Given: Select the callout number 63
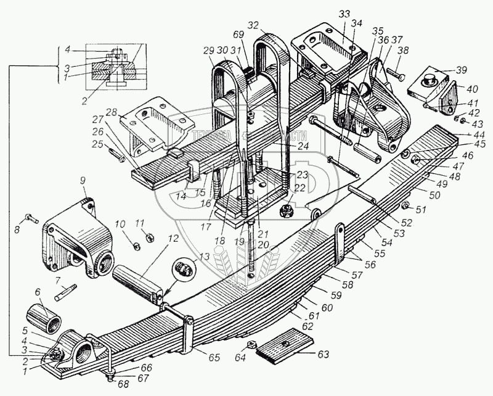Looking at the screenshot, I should coord(323,355).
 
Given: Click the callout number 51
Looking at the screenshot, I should coord(420,210).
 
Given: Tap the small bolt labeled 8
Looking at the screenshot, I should coord(32,218).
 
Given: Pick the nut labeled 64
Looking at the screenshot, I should coord(251,344).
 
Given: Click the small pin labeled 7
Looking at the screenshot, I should coord(64,291).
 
